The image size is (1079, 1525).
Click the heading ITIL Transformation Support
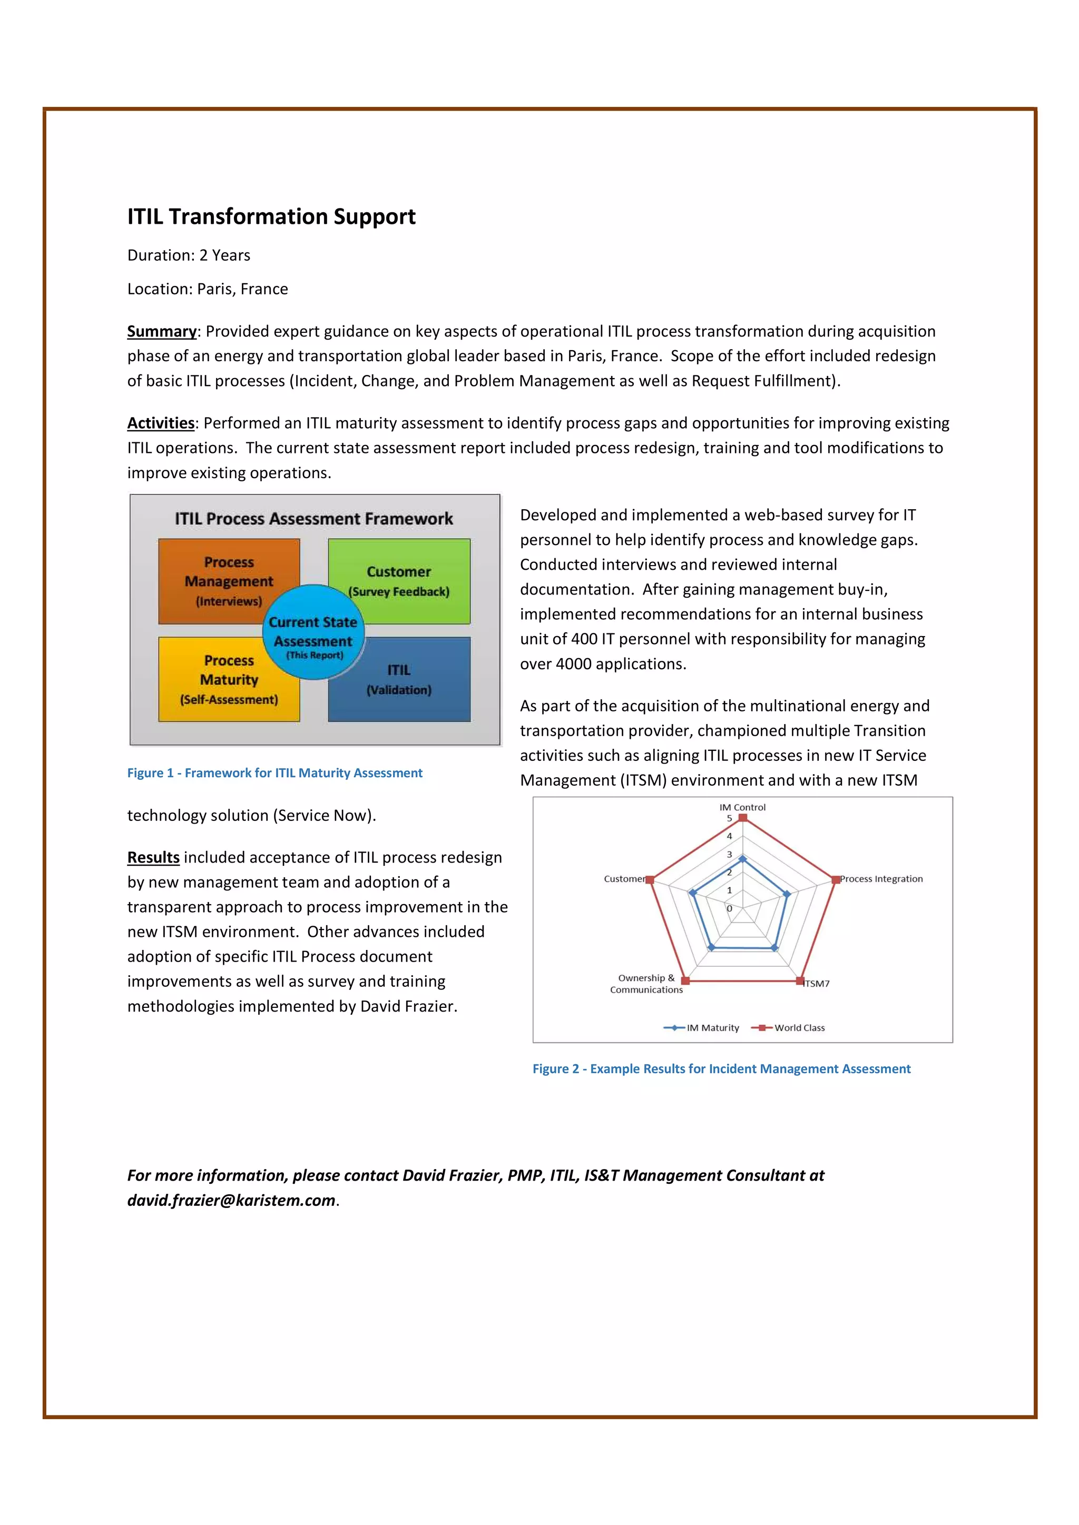(x=271, y=216)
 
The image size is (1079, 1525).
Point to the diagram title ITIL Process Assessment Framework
(x=313, y=519)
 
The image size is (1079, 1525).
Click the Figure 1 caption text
(x=274, y=773)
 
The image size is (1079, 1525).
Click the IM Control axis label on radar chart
(x=742, y=807)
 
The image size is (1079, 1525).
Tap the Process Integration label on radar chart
(x=881, y=879)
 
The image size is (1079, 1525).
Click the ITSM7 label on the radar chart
(x=817, y=984)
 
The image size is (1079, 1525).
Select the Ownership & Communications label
(x=646, y=984)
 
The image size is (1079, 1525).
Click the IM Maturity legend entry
(x=702, y=1027)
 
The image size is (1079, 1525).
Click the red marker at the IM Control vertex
(x=743, y=818)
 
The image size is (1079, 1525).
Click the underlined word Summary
(x=161, y=331)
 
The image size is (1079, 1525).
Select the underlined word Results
(x=153, y=857)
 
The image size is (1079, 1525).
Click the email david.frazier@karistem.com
(x=231, y=1200)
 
